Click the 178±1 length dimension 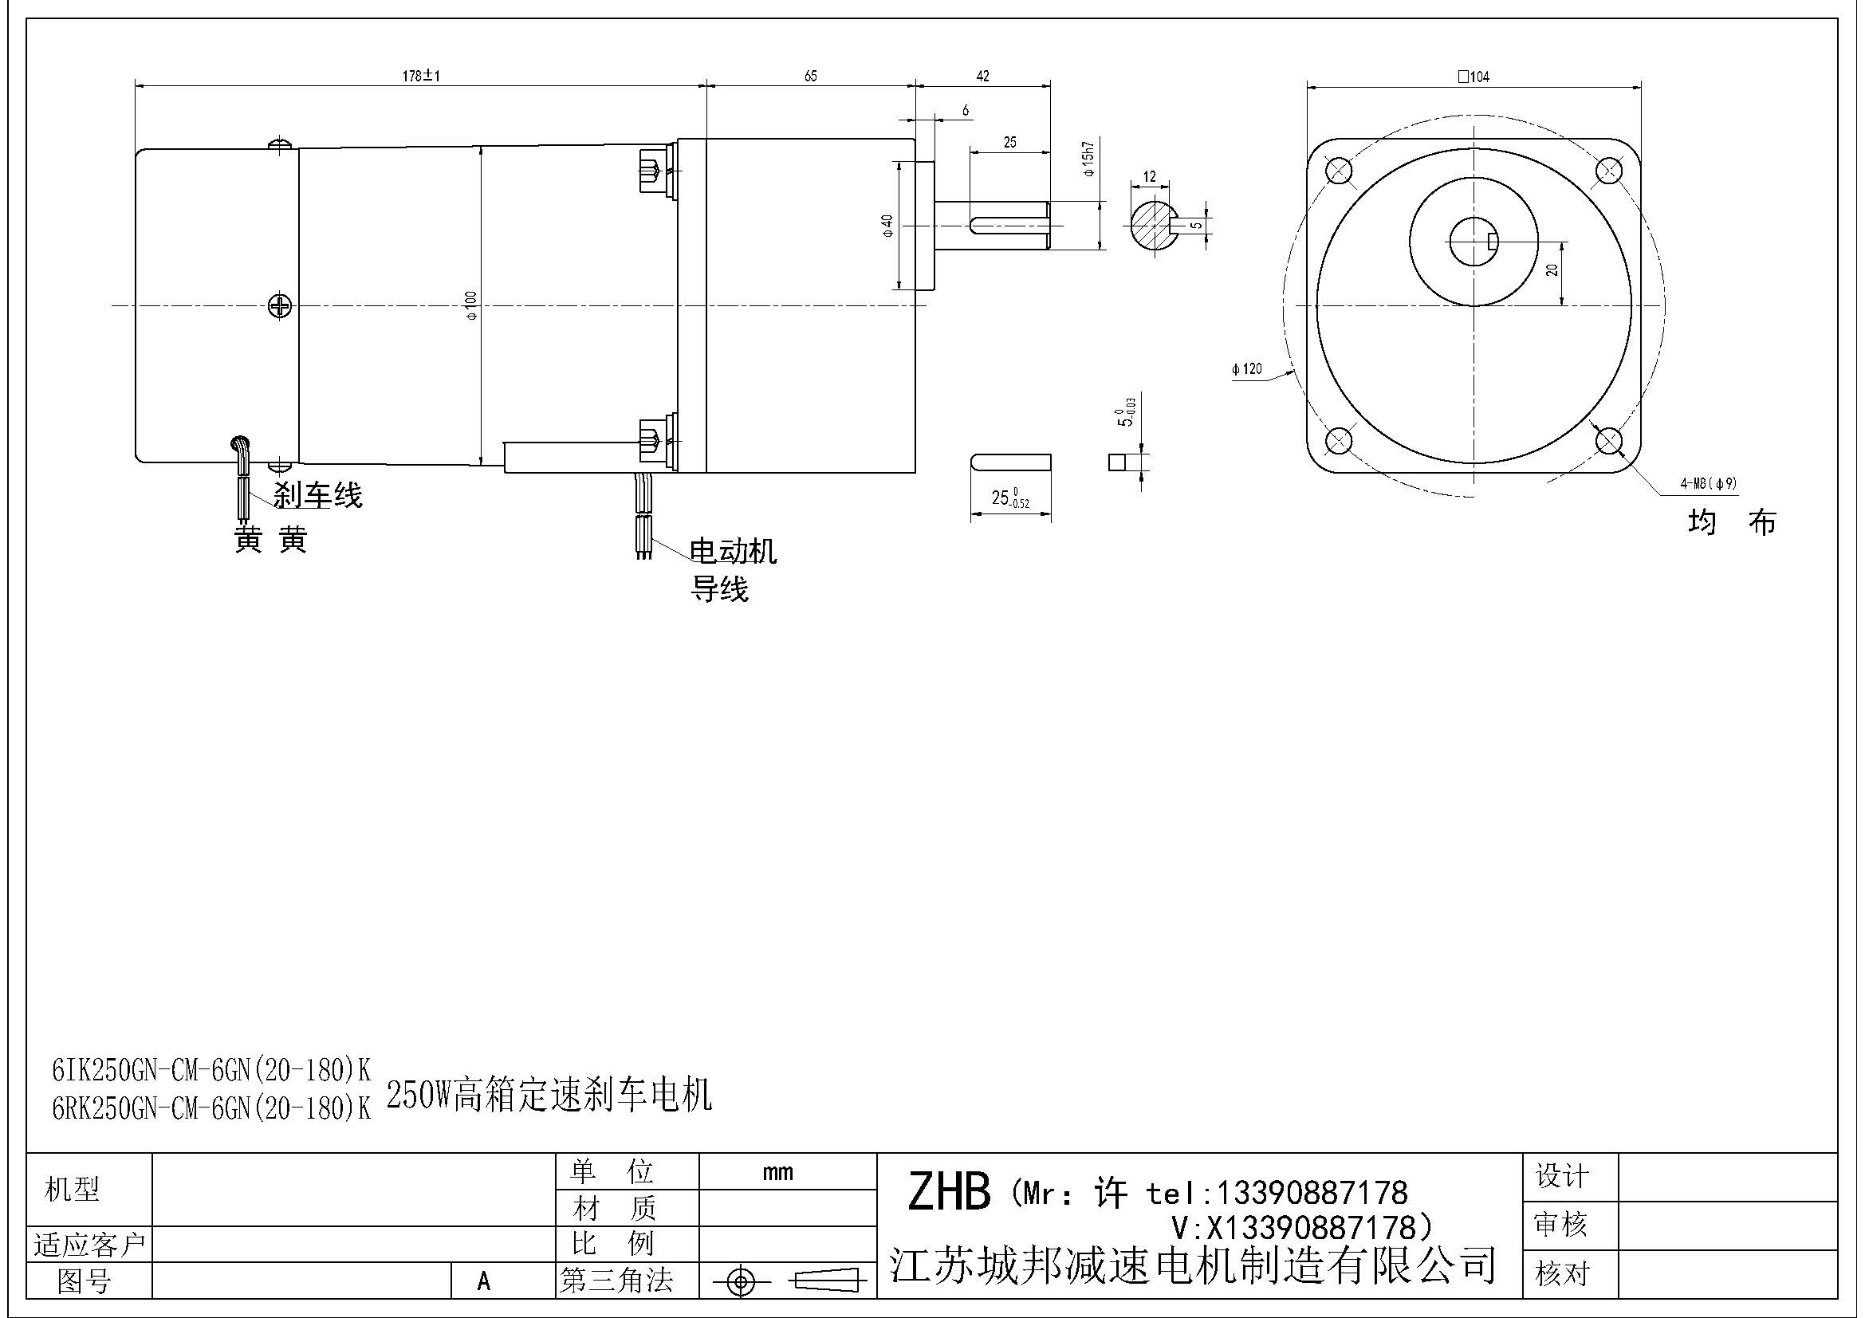point(421,77)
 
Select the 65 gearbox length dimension point(811,77)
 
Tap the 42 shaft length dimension point(983,77)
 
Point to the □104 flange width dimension point(1474,77)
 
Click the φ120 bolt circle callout point(1247,368)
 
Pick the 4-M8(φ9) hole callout point(1708,483)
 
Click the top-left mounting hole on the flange point(1338,171)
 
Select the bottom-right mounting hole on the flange point(1608,441)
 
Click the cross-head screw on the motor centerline point(280,306)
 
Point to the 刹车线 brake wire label point(317,494)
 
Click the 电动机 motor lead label point(733,552)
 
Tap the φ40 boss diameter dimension point(887,225)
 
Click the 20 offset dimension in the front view point(1552,270)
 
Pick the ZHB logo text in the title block point(949,1192)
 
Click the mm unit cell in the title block point(778,1172)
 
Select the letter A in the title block point(484,1281)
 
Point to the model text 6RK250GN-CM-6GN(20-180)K point(211,1108)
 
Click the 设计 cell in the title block point(1562,1176)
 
